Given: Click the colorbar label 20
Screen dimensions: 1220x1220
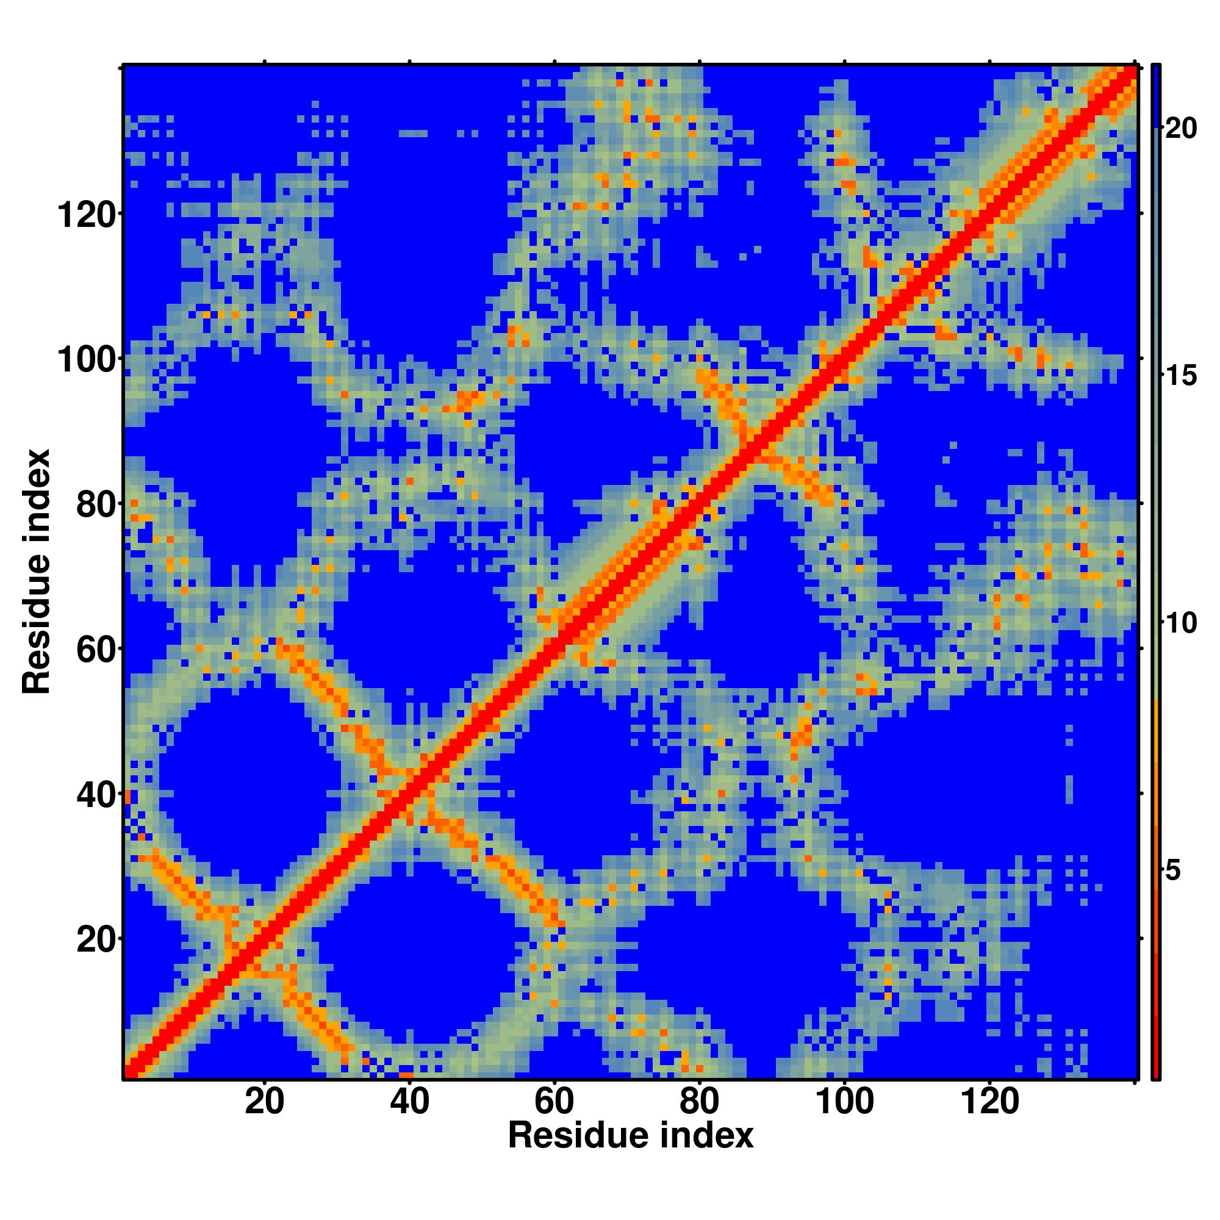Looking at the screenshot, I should (x=1180, y=129).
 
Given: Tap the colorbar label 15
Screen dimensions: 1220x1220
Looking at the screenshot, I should (x=1180, y=376).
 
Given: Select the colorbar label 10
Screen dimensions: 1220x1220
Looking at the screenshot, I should (x=1180, y=624).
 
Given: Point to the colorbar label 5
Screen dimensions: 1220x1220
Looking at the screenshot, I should (x=1173, y=872).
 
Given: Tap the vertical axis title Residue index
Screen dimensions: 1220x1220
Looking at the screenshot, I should (x=37, y=572).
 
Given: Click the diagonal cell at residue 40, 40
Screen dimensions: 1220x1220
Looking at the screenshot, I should (x=409, y=792).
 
